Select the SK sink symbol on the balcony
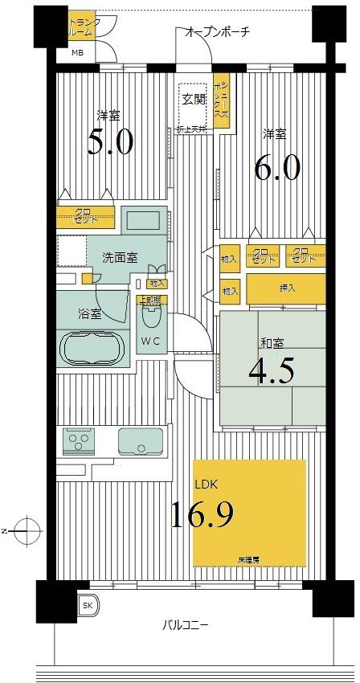(x=85, y=606)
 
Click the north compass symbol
(x=27, y=530)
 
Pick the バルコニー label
(x=186, y=624)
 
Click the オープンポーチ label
(x=217, y=32)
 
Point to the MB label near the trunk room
(x=77, y=53)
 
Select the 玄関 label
(x=193, y=99)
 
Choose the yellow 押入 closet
(x=285, y=288)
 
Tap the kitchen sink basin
(x=140, y=441)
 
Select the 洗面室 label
(x=118, y=257)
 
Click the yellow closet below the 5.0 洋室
(x=86, y=218)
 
